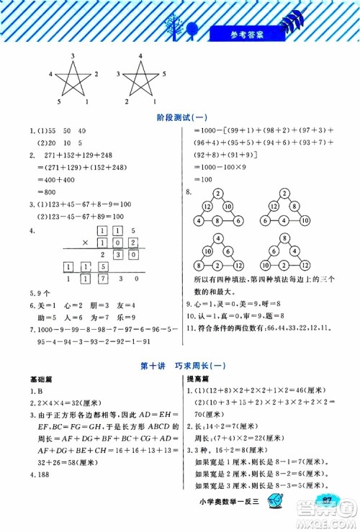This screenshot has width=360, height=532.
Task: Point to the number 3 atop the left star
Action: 73,56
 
